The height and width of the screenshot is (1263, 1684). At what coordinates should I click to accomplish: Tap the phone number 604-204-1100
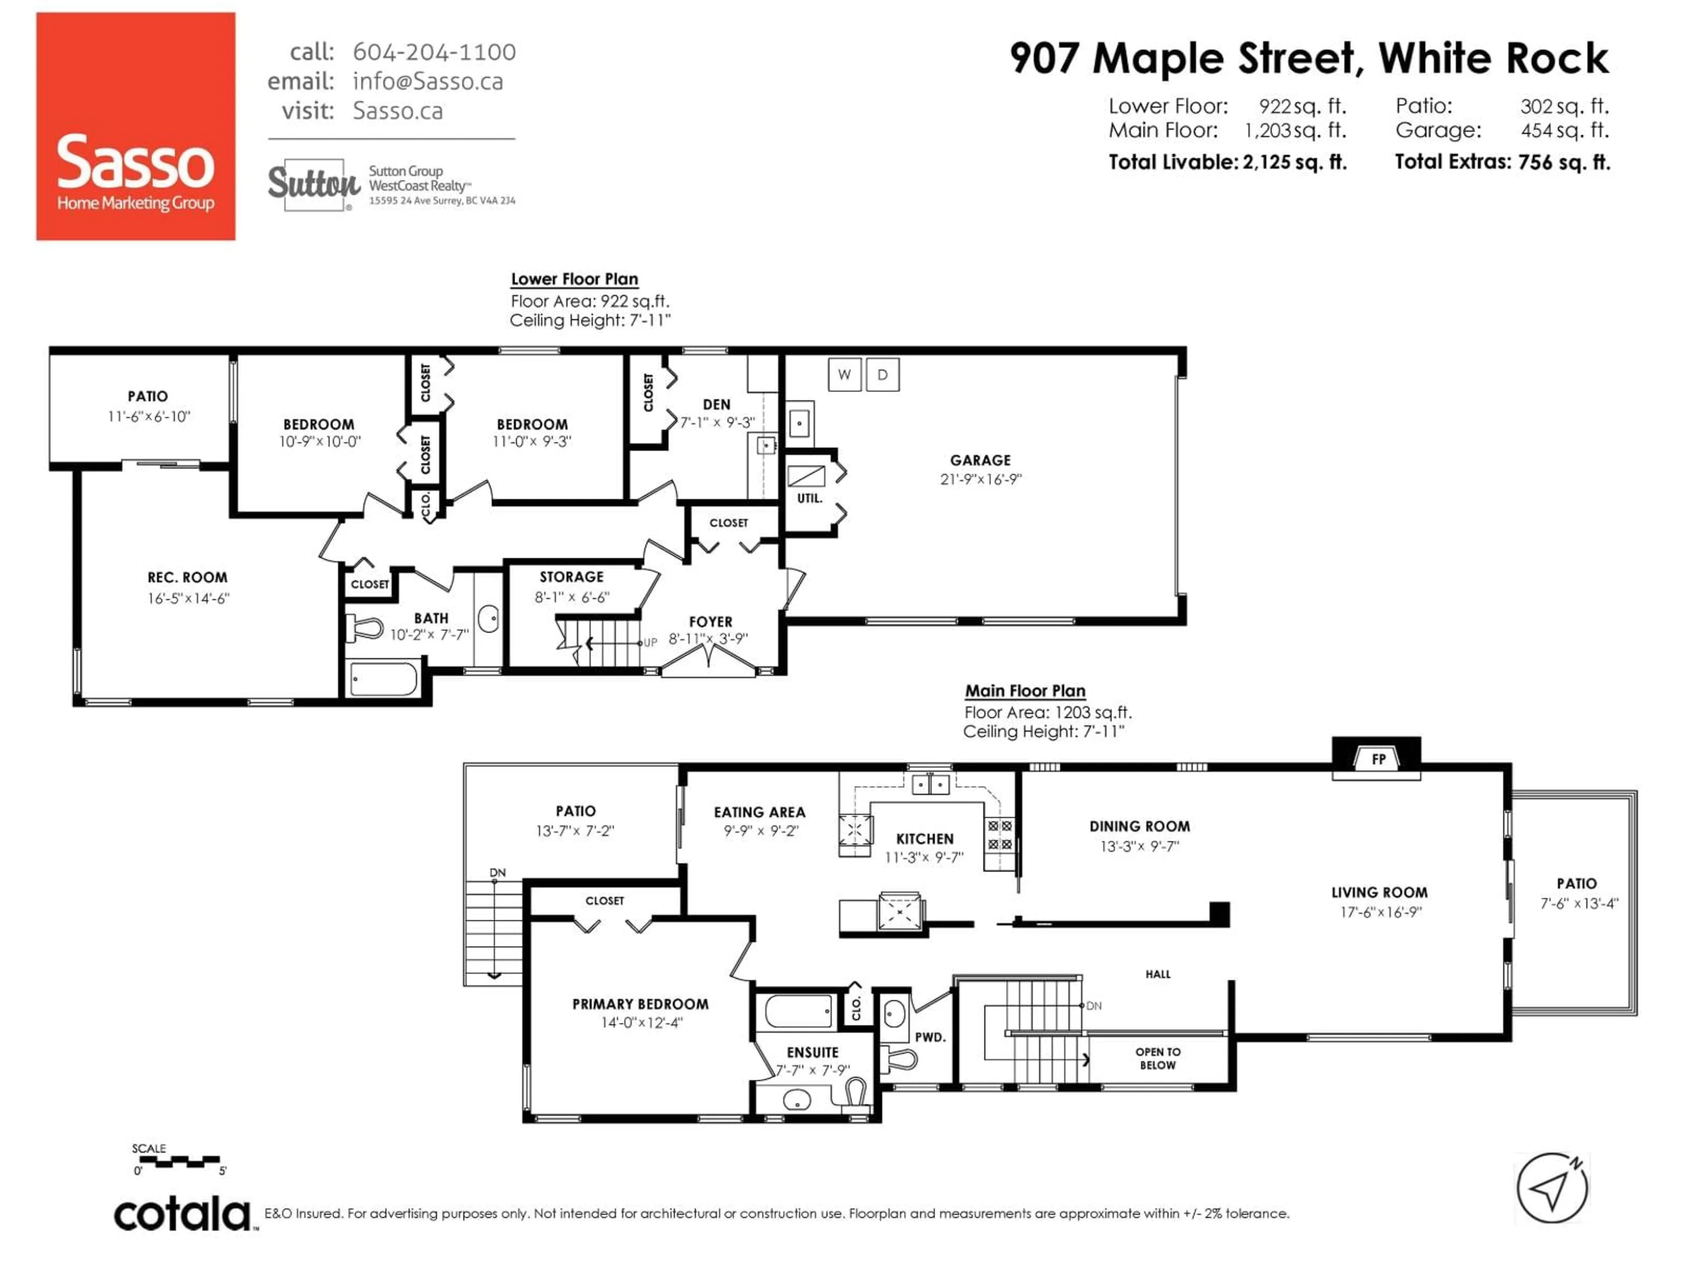pyautogui.click(x=434, y=52)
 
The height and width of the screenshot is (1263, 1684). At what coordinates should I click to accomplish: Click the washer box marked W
pyautogui.click(x=844, y=375)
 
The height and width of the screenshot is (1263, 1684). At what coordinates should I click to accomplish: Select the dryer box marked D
pyautogui.click(x=882, y=375)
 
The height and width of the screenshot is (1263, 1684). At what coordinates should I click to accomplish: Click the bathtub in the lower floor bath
pyautogui.click(x=383, y=678)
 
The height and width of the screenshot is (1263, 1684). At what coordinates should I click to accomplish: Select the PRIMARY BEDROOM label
pyautogui.click(x=640, y=1004)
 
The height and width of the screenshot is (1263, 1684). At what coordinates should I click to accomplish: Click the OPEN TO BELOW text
pyautogui.click(x=1157, y=1058)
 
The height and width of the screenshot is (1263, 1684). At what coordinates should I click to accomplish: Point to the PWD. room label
pyautogui.click(x=930, y=1037)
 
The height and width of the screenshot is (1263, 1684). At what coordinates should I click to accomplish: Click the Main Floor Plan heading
pyautogui.click(x=1025, y=691)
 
